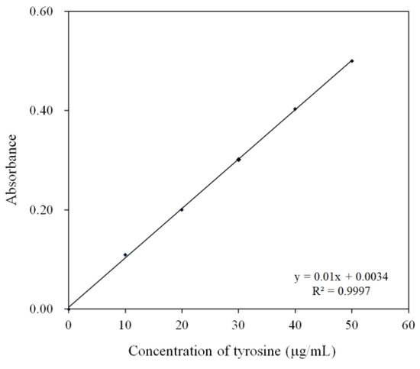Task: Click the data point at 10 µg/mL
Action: pyautogui.click(x=125, y=254)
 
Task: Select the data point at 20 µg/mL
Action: pyautogui.click(x=182, y=209)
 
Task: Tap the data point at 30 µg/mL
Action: pyautogui.click(x=238, y=160)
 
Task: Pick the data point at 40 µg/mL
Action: pyautogui.click(x=295, y=108)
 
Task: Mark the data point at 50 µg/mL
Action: pyautogui.click(x=351, y=60)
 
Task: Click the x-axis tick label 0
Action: pyautogui.click(x=68, y=325)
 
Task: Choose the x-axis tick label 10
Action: pyautogui.click(x=125, y=325)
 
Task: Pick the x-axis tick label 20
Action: pyautogui.click(x=182, y=325)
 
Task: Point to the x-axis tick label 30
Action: pyautogui.click(x=238, y=325)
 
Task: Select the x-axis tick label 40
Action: pyautogui.click(x=295, y=325)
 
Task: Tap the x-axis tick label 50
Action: pyautogui.click(x=351, y=325)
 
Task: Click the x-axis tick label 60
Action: pyautogui.click(x=409, y=325)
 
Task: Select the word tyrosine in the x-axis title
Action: pyautogui.click(x=260, y=352)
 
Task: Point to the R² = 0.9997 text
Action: pyautogui.click(x=337, y=290)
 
